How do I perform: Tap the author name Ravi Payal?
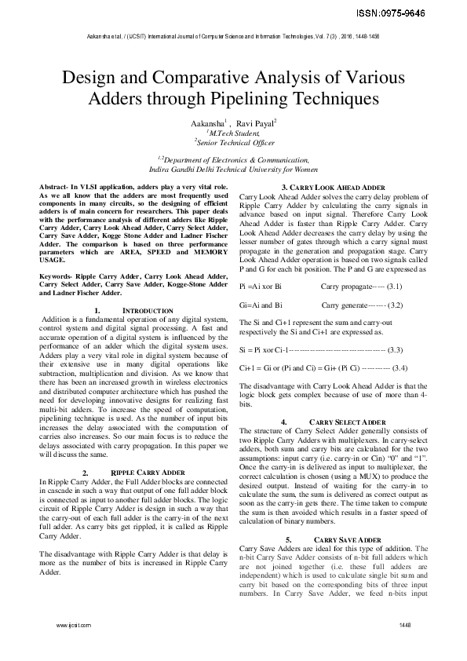(256, 124)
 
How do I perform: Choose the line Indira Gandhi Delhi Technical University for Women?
(233, 168)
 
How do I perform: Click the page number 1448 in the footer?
(405, 625)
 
